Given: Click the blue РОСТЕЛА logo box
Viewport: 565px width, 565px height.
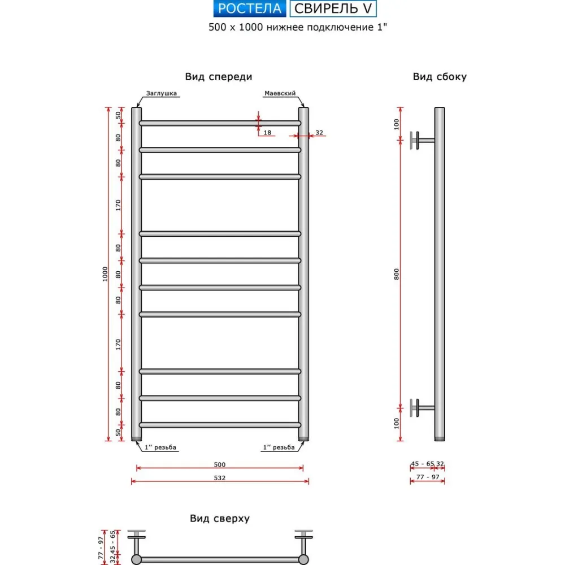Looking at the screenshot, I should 249,8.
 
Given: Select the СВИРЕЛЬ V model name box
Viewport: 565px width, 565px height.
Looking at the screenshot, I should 333,8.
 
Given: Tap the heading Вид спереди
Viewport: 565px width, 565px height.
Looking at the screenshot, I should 218,77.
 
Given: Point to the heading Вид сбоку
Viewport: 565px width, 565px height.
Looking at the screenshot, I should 440,77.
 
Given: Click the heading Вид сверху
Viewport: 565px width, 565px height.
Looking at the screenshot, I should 220,518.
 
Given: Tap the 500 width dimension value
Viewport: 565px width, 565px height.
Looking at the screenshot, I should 220,464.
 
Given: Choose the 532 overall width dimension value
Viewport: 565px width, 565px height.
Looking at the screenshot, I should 220,478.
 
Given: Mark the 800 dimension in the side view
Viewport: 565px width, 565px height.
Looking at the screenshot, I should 397,273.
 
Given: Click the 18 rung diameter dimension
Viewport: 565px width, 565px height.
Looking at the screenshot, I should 268,133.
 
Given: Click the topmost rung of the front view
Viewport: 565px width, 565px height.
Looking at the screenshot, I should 220,123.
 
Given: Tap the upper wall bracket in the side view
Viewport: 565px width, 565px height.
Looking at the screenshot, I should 421,140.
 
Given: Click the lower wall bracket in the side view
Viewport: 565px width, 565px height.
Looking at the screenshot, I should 421,407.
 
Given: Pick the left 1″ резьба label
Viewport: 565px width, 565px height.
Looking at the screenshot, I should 162,447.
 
